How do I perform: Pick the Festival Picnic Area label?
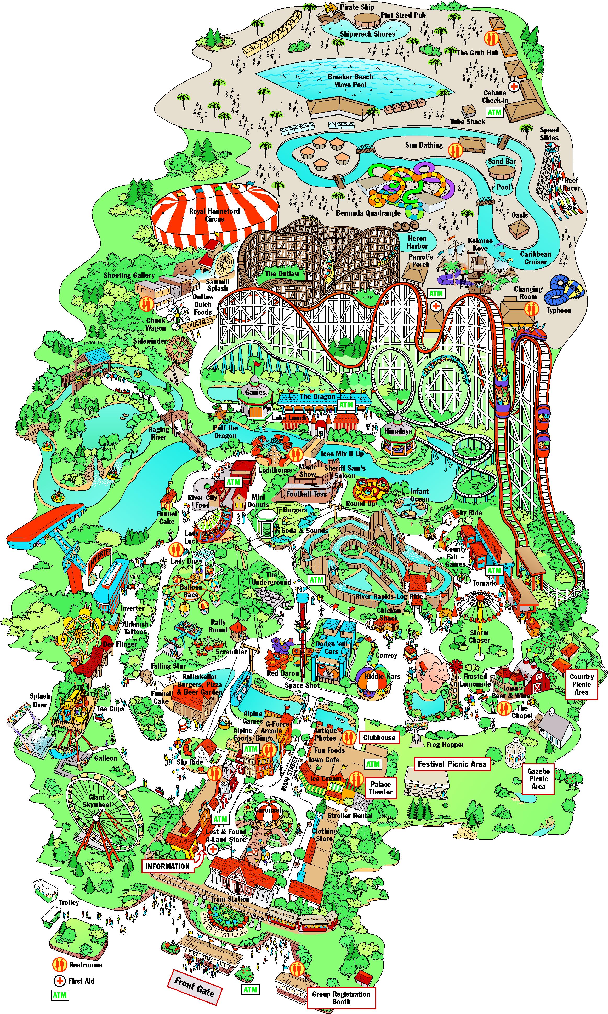(452, 764)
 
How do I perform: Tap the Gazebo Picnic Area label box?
(538, 779)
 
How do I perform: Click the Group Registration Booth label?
(341, 998)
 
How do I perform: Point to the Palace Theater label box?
(380, 788)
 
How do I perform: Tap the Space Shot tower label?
(302, 685)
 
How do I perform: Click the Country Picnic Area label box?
(581, 684)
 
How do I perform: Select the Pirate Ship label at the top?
(357, 7)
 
